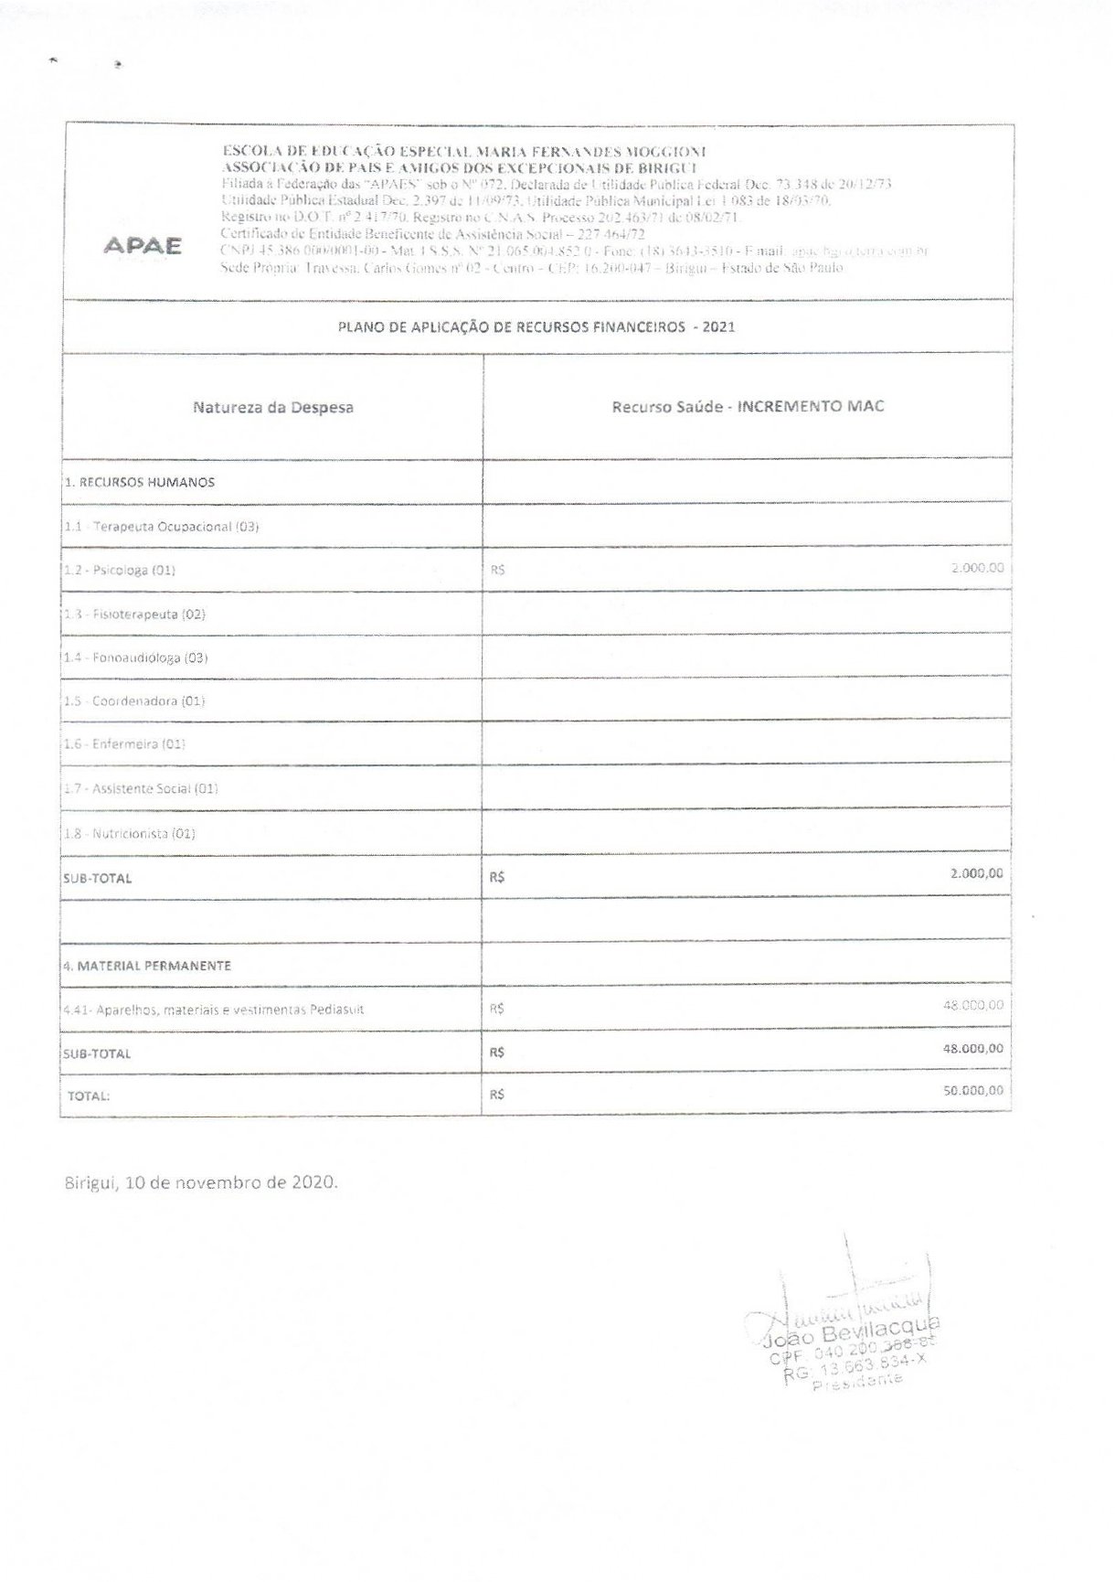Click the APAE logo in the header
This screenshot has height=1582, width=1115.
(x=142, y=246)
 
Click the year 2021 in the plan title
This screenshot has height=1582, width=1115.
(x=719, y=326)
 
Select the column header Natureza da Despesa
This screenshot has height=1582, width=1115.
(x=272, y=408)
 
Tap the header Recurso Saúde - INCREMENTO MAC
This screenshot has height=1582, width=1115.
(x=748, y=406)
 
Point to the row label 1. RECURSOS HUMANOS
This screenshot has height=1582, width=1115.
(x=140, y=482)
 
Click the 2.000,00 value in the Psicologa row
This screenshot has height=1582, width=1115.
(x=977, y=568)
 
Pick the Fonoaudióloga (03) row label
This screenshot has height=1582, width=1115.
(x=136, y=657)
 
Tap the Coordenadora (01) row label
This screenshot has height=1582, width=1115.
(x=134, y=701)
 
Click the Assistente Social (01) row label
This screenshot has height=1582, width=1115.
(x=141, y=788)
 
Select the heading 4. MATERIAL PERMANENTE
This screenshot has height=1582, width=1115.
(x=147, y=965)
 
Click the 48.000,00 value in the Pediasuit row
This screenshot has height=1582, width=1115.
(x=973, y=1005)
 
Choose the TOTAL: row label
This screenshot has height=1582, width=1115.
(x=89, y=1096)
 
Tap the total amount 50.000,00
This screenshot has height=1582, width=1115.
(x=973, y=1090)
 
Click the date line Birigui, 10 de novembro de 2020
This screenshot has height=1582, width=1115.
(x=201, y=1181)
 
